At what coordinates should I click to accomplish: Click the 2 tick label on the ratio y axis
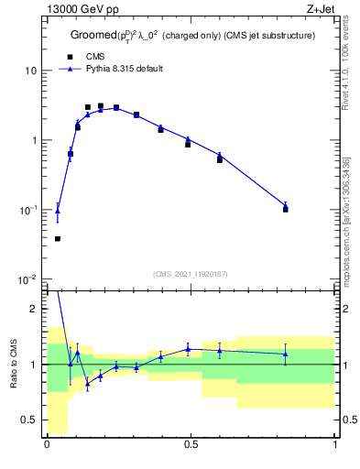click(x=35, y=309)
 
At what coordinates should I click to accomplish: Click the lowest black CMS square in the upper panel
click(x=58, y=239)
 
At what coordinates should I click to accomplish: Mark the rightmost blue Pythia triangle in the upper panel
click(x=286, y=206)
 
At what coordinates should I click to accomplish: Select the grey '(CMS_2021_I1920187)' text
click(x=191, y=272)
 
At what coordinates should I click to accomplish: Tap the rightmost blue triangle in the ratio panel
click(x=286, y=354)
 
